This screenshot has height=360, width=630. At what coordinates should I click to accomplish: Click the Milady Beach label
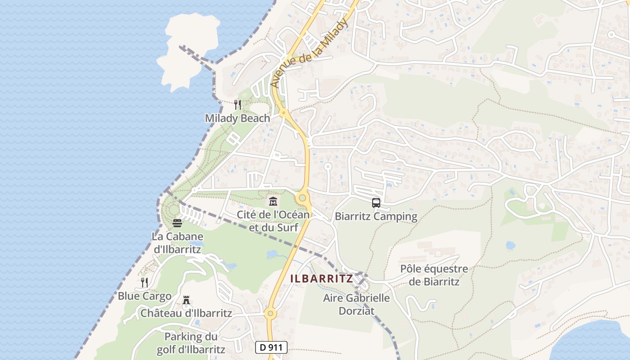[x=237, y=118]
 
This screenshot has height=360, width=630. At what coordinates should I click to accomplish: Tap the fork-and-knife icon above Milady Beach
[x=238, y=105]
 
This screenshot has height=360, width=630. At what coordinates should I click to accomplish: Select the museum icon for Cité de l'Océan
[x=273, y=201]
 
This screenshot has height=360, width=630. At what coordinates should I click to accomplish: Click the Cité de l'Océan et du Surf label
[x=274, y=221]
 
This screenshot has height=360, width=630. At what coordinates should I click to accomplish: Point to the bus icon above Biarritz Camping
[x=376, y=203]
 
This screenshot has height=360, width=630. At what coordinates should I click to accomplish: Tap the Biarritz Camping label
[x=376, y=216]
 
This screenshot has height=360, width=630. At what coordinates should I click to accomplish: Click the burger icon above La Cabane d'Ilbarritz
[x=177, y=223]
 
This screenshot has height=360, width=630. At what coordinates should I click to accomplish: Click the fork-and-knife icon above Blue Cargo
[x=144, y=283]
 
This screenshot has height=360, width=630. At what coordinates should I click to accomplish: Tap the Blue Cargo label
[x=144, y=296]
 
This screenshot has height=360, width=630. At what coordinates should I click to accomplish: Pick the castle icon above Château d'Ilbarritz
[x=186, y=300]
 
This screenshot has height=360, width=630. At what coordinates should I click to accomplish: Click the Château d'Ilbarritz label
[x=186, y=313]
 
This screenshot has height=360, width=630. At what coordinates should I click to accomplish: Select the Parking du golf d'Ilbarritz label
[x=191, y=343]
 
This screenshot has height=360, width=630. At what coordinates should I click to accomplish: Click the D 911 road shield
[x=271, y=347]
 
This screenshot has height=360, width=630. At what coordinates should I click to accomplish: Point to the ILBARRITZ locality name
[x=321, y=279]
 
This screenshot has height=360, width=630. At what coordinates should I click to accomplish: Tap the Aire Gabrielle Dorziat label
[x=356, y=304]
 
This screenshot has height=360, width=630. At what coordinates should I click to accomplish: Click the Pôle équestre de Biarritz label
[x=434, y=275]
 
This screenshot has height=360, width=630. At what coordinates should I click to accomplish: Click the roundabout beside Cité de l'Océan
[x=302, y=197]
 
